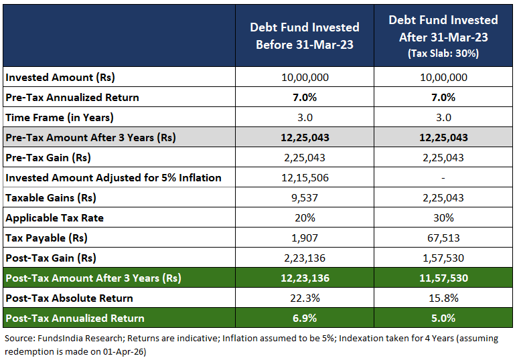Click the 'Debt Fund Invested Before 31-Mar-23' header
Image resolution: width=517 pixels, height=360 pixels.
305,36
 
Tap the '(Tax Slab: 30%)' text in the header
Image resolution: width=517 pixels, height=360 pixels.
443,54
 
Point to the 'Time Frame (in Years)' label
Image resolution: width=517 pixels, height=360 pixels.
60,118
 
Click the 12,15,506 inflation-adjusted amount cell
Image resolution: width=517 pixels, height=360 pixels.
305,178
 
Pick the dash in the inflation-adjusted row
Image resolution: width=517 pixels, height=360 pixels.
443,178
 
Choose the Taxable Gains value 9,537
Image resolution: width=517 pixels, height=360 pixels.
305,198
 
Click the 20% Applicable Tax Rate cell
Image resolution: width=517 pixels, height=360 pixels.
305,218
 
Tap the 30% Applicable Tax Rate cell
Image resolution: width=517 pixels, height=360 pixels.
443,218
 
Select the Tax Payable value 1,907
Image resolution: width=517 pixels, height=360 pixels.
305,238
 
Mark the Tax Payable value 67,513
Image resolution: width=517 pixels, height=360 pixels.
443,238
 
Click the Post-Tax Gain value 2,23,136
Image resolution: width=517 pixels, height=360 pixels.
305,258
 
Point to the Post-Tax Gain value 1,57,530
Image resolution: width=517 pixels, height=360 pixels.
443,258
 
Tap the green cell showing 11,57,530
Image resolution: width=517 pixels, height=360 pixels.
443,278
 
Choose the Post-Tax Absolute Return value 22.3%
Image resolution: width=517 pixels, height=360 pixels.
305,298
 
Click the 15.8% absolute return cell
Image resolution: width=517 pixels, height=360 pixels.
443,298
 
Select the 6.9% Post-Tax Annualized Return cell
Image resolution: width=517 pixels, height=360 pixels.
305,319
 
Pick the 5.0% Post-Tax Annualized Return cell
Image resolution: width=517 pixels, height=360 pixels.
443,319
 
